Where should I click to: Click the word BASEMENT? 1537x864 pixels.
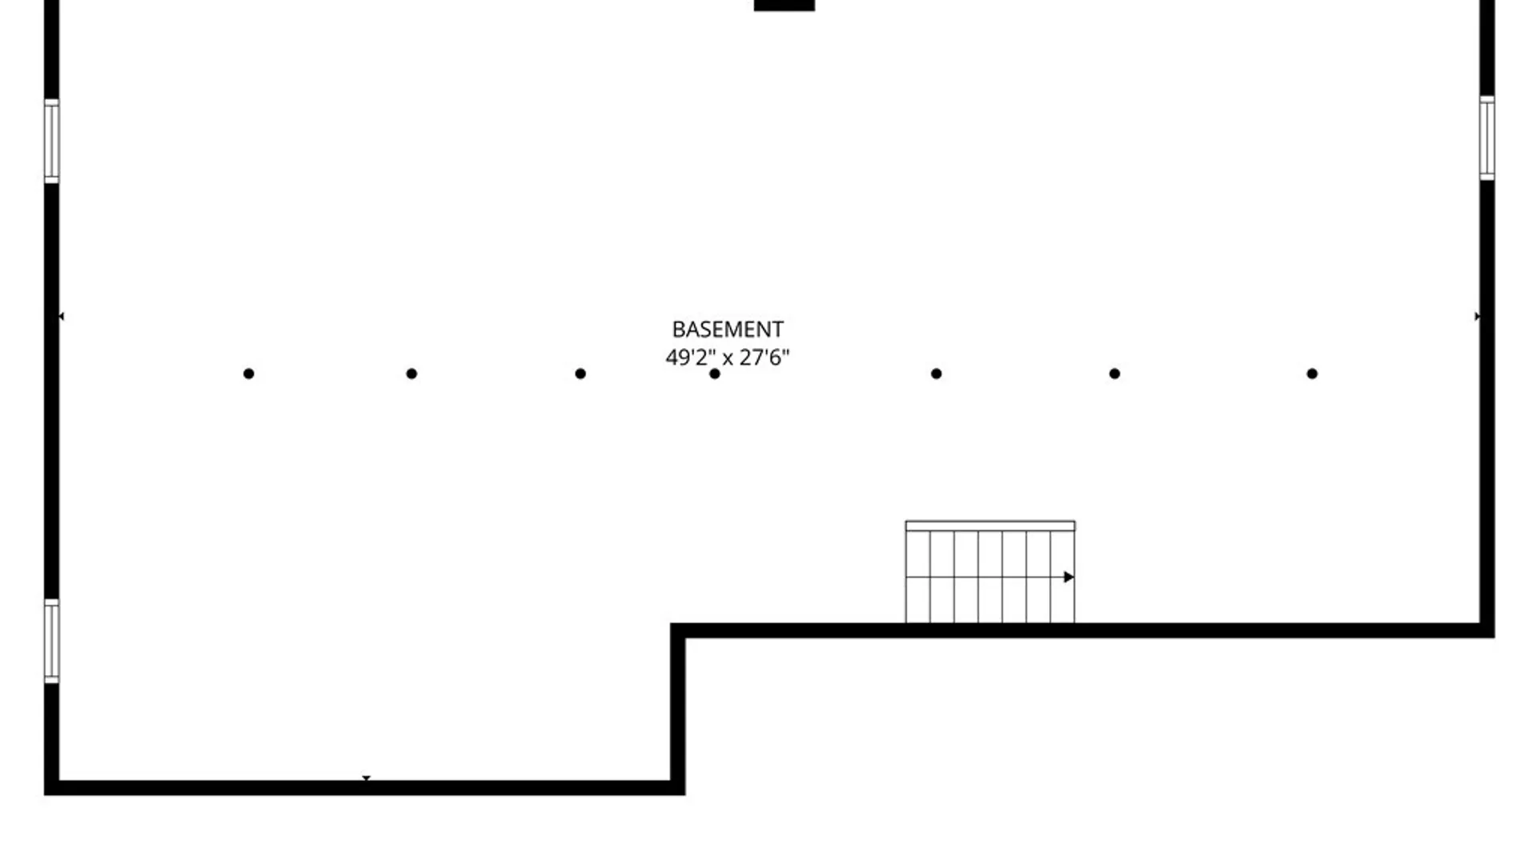click(x=727, y=330)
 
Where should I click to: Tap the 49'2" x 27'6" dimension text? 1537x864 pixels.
click(x=727, y=357)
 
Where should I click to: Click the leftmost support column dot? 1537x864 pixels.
click(x=249, y=374)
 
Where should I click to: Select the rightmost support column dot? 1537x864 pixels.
click(x=1312, y=374)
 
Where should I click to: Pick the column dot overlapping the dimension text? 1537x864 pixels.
click(x=715, y=374)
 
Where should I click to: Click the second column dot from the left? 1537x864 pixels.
click(x=411, y=374)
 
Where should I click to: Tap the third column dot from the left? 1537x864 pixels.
click(x=580, y=374)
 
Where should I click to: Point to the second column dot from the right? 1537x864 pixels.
click(x=1114, y=374)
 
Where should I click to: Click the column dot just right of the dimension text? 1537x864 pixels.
click(x=937, y=374)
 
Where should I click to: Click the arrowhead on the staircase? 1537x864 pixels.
click(x=1069, y=577)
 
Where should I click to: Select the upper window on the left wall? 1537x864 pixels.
click(x=51, y=142)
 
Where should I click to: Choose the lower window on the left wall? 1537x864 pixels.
click(x=51, y=641)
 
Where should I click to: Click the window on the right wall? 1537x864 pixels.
click(x=1487, y=138)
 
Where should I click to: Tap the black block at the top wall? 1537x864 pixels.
click(x=785, y=6)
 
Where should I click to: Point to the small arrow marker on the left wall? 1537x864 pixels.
click(x=62, y=317)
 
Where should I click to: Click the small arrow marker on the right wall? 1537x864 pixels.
click(x=1478, y=317)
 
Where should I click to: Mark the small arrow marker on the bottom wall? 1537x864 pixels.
click(x=366, y=778)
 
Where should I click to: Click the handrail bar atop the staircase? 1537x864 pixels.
click(x=990, y=526)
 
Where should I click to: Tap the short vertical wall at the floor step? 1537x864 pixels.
click(x=677, y=709)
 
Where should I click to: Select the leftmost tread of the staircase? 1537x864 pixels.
click(x=917, y=577)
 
